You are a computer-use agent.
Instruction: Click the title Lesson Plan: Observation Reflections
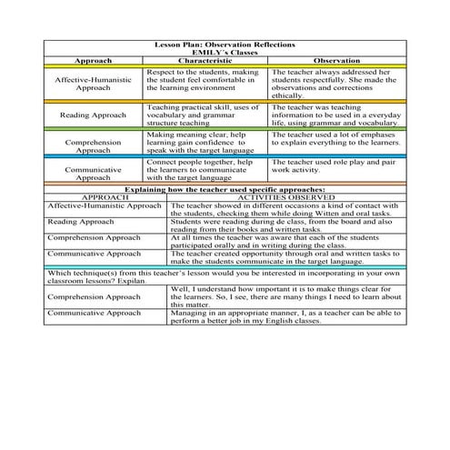point(225,45)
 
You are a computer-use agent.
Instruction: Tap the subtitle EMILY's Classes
point(225,53)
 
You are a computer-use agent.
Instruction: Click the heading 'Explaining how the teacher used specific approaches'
point(225,188)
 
